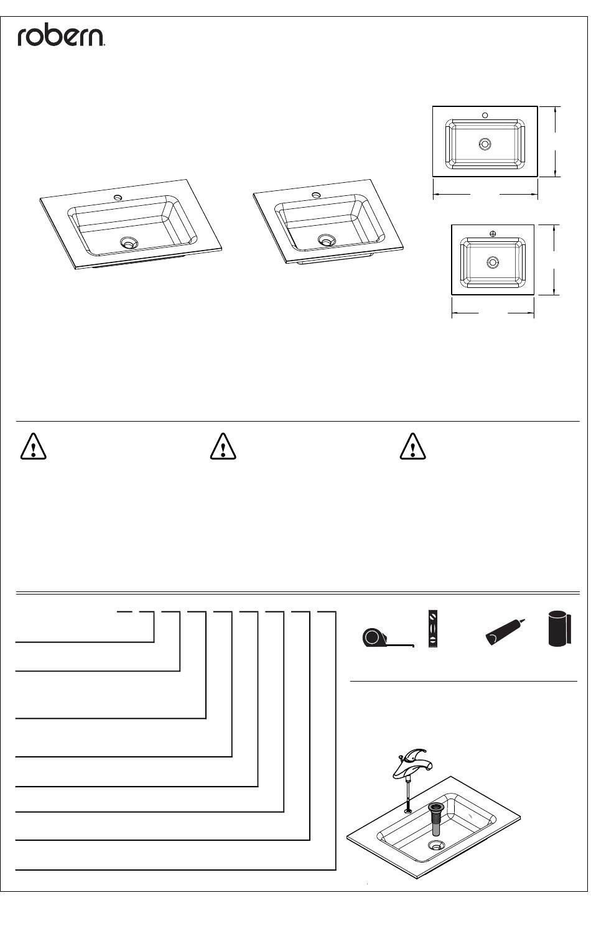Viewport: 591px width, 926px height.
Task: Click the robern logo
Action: coord(61,37)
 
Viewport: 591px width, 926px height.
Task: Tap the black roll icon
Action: coord(559,629)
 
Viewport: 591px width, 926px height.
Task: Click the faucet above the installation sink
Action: coord(411,763)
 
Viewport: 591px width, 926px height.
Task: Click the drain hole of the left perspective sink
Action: coord(129,242)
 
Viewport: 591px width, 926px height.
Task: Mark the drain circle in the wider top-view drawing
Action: coord(485,144)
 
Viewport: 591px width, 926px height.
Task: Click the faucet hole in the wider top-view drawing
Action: coord(485,115)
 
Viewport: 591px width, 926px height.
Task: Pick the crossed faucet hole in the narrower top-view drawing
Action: coord(492,234)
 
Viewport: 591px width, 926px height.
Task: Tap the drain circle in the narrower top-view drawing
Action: coord(492,262)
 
